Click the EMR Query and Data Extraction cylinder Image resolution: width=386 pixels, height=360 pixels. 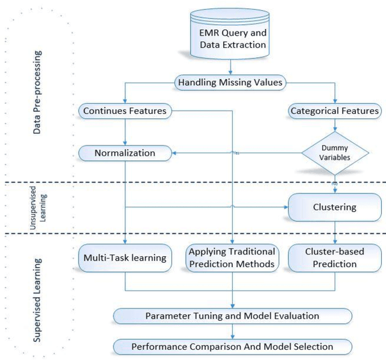pyautogui.click(x=232, y=36)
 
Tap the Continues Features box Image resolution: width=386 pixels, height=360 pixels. pyautogui.click(x=125, y=111)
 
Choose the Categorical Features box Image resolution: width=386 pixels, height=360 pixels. pyautogui.click(x=335, y=111)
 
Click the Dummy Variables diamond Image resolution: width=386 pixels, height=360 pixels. pyautogui.click(x=334, y=153)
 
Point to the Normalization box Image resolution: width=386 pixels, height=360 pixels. pyautogui.click(x=125, y=153)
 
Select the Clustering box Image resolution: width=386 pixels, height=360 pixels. pyautogui.click(x=334, y=207)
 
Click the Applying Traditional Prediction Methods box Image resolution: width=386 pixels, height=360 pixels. pyautogui.click(x=232, y=258)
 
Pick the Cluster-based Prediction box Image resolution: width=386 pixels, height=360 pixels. pyautogui.click(x=334, y=258)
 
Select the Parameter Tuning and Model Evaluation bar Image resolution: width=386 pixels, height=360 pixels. pyautogui.click(x=232, y=316)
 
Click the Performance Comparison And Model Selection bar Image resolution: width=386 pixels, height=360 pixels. pyautogui.click(x=232, y=346)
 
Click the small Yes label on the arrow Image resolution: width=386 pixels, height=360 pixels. pyautogui.click(x=236, y=153)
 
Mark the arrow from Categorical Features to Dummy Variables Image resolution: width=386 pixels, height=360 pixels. pyautogui.click(x=334, y=125)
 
